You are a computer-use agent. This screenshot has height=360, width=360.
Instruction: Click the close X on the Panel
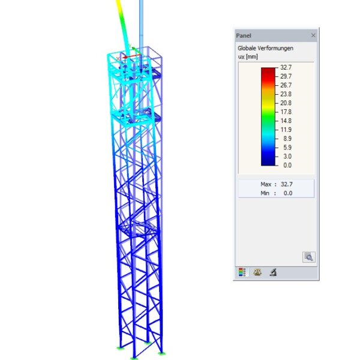pos(313,35)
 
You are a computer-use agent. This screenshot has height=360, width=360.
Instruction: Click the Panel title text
pos(244,35)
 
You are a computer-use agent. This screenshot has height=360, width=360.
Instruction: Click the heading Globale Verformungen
pos(265,48)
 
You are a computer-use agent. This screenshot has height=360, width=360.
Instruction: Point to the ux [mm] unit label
pos(248,57)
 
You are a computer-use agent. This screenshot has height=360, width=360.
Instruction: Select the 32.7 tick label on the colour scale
pos(286,67)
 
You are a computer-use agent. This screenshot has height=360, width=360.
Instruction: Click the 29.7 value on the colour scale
pos(286,76)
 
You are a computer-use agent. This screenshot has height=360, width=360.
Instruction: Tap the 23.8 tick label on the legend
pos(286,94)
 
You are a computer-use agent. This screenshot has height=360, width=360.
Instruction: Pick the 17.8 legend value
pos(286,112)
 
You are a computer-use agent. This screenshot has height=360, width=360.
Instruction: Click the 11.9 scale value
pos(286,130)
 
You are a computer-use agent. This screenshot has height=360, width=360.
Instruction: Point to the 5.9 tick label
pos(287,148)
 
